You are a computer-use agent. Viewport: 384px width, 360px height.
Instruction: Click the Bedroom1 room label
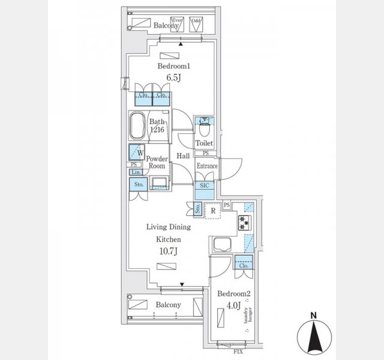pyautogui.click(x=174, y=66)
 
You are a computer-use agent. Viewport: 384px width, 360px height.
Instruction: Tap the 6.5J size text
pyautogui.click(x=174, y=77)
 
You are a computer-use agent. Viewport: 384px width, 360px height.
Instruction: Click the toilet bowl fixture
pyautogui.click(x=205, y=128)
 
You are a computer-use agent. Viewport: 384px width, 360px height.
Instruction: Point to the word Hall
pyautogui.click(x=183, y=156)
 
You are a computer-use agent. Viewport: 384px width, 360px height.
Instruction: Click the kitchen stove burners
pyautogui.click(x=245, y=223)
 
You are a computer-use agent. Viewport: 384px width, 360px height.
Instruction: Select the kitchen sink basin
pyautogui.click(x=220, y=245)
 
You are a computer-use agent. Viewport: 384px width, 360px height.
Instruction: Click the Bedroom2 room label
pyautogui.click(x=233, y=294)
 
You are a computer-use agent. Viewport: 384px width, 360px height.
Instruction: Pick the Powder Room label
pyautogui.click(x=157, y=163)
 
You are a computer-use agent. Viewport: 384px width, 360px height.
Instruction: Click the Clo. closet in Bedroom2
pyautogui.click(x=244, y=262)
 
